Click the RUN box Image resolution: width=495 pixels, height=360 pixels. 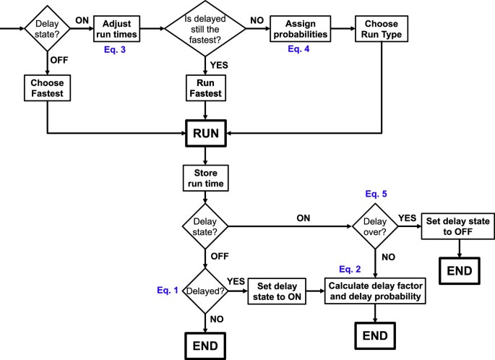[x=206, y=133]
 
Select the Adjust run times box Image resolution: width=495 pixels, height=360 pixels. [x=116, y=29]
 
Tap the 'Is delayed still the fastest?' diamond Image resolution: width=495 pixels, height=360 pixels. [x=207, y=30]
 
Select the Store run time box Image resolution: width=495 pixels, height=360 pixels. [x=206, y=178]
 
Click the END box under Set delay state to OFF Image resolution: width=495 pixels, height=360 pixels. [x=459, y=272]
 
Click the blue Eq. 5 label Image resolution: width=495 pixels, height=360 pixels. [x=374, y=195]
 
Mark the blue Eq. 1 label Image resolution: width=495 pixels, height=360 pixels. [x=167, y=290]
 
